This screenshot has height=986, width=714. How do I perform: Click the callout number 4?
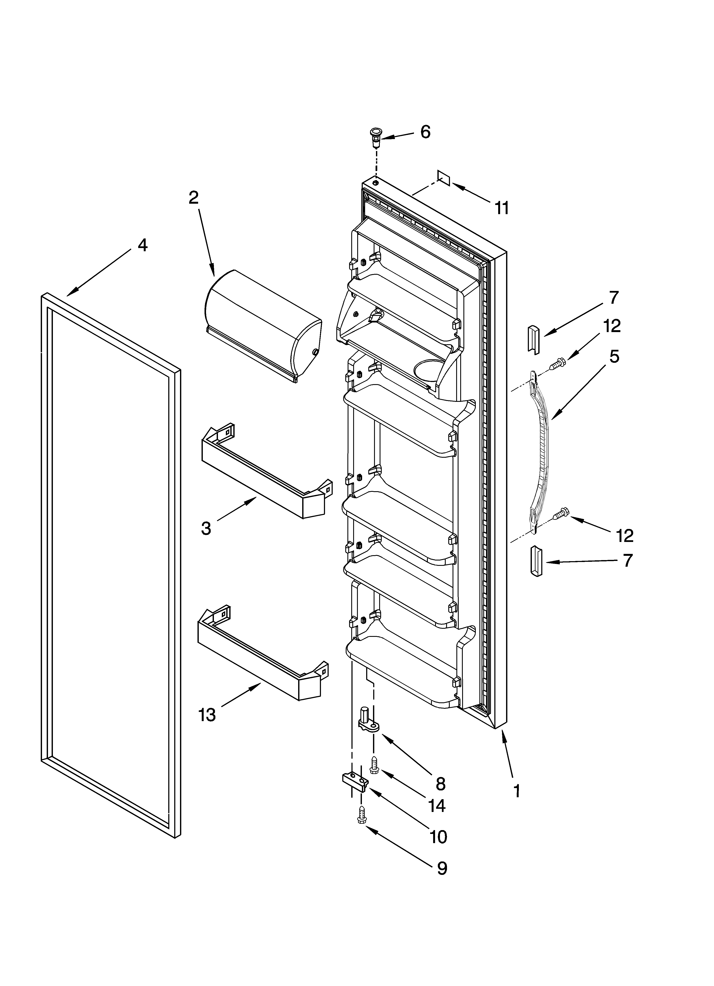[x=142, y=246]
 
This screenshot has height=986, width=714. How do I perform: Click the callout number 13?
[x=207, y=714]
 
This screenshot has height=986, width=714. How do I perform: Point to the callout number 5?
[x=614, y=356]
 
